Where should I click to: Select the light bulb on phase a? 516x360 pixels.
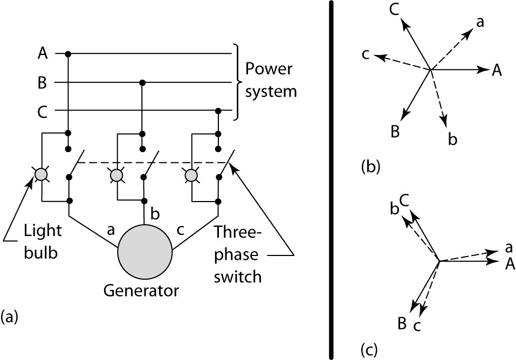41,174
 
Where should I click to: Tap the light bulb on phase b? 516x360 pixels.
115,175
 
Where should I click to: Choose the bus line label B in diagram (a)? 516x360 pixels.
42,82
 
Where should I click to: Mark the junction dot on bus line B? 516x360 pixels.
142,82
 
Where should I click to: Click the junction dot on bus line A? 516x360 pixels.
67,53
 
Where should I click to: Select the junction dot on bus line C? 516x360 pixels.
218,111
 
